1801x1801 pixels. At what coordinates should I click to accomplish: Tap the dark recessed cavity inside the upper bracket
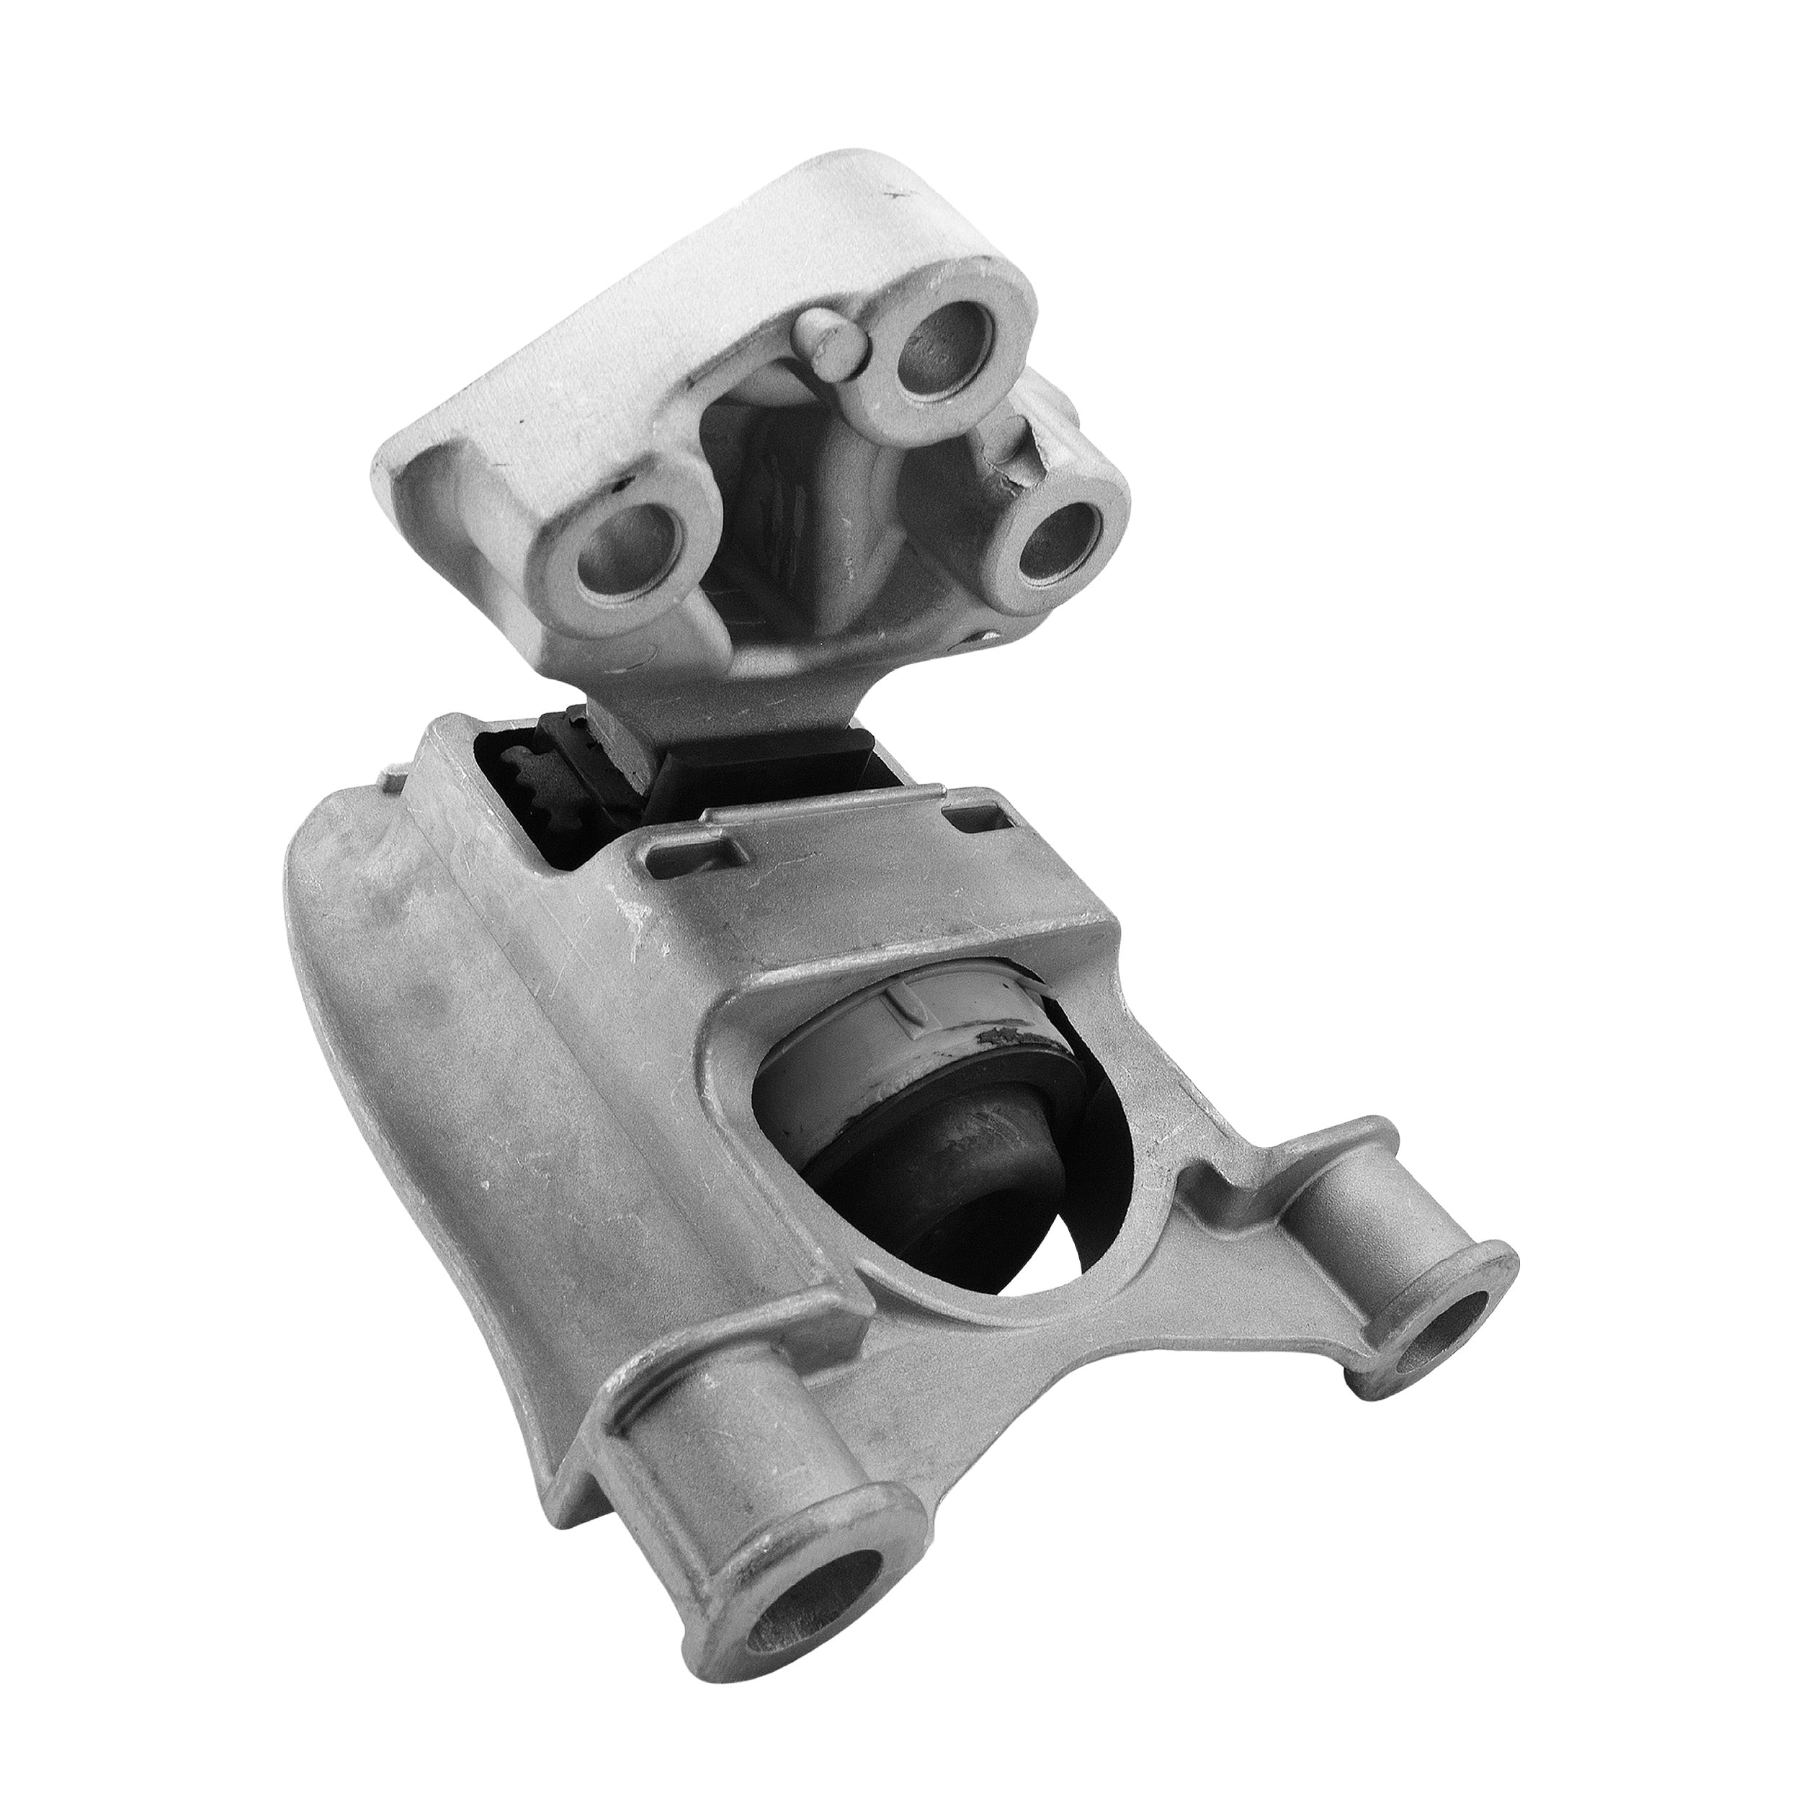(802, 522)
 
